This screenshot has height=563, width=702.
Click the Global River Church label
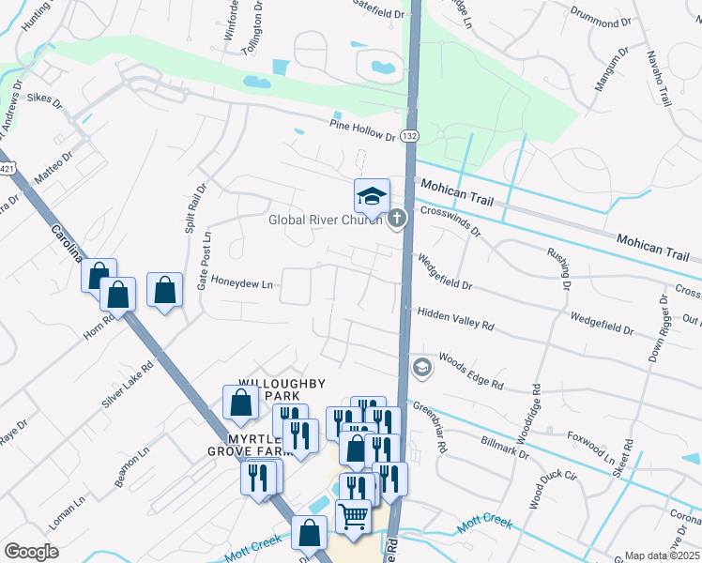326,221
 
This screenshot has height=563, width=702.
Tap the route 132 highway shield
409,137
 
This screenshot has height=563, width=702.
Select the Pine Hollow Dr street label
362,130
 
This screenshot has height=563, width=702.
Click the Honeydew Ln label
241,282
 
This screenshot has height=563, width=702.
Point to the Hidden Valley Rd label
455,318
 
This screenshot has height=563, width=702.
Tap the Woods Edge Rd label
471,372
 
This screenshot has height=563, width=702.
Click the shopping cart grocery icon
353,514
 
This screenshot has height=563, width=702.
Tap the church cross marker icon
397,220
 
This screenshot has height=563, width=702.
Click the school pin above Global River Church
372,196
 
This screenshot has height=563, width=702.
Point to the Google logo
31,551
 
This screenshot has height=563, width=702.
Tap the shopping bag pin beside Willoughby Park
241,403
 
